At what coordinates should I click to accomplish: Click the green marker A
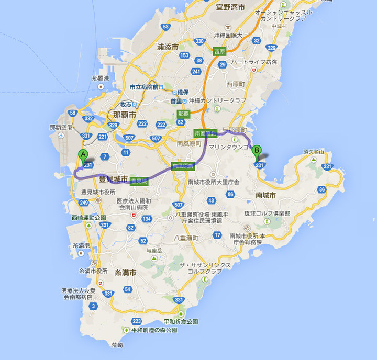pyautogui.click(x=82, y=155)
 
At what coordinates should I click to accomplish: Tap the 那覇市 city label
pyautogui.click(x=124, y=114)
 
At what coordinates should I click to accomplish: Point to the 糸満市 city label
pyautogui.click(x=125, y=273)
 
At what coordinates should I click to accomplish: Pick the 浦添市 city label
pyautogui.click(x=168, y=47)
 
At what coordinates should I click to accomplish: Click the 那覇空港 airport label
pyautogui.click(x=61, y=127)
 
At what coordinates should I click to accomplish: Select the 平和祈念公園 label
pyautogui.click(x=180, y=321)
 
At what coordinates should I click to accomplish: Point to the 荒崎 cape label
pyautogui.click(x=117, y=345)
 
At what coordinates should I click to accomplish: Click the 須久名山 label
pyautogui.click(x=314, y=152)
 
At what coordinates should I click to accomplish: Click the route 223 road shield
pyautogui.click(x=137, y=321)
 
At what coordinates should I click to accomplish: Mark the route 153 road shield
pyautogui.click(x=184, y=55)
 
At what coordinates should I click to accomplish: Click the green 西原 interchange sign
pyautogui.click(x=219, y=51)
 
